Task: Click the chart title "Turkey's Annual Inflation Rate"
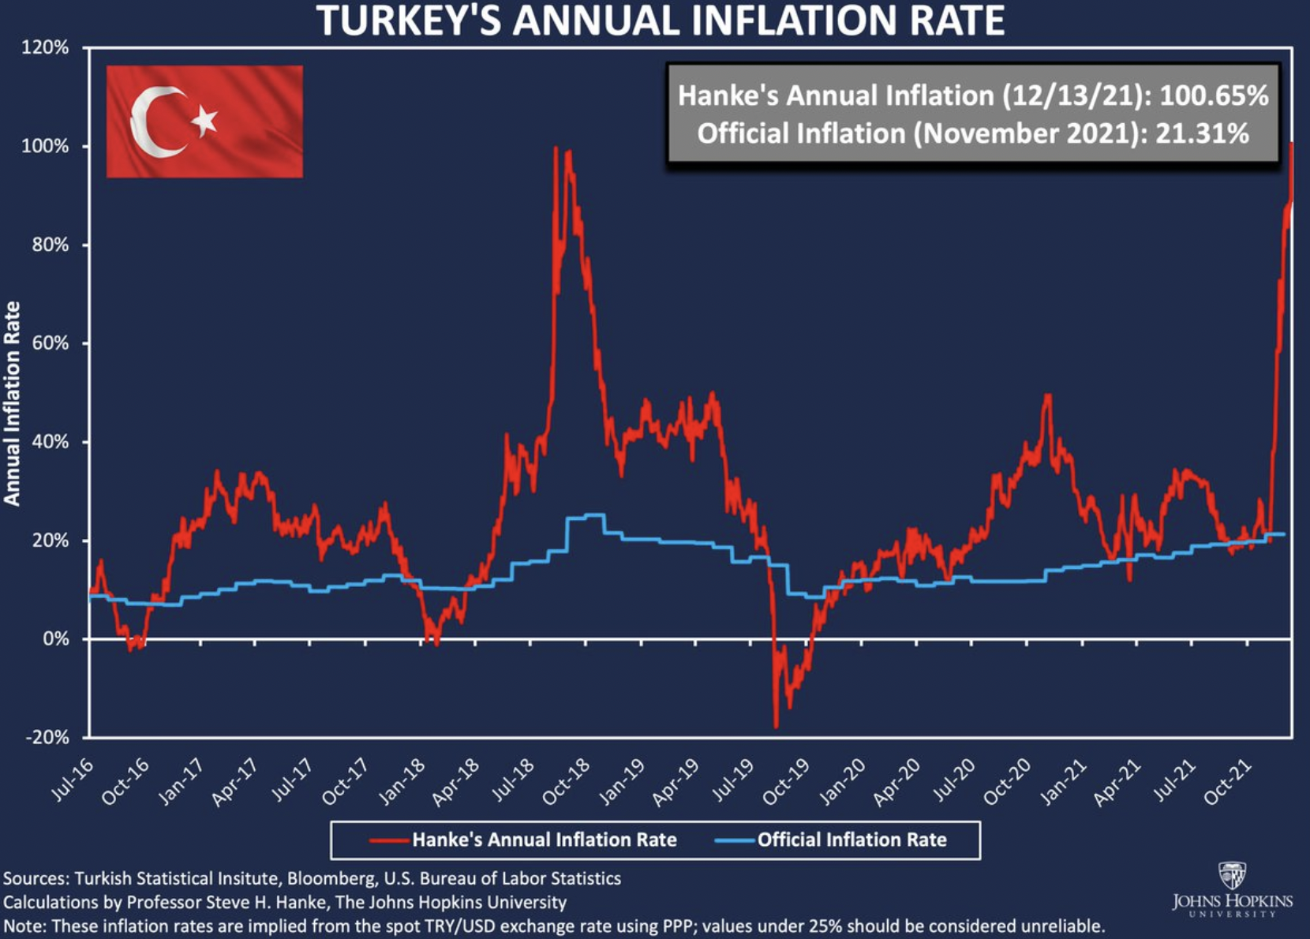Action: [661, 21]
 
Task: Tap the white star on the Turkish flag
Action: [204, 120]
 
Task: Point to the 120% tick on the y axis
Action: [46, 47]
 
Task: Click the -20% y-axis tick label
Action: [47, 738]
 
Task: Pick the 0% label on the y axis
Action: [55, 639]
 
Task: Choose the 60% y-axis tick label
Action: [50, 343]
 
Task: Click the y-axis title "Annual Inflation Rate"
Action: [12, 403]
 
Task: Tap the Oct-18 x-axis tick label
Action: [567, 782]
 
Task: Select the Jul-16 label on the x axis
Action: [73, 781]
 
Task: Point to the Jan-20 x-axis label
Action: [842, 782]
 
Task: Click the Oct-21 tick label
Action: [1228, 782]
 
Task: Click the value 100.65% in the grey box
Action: [1214, 95]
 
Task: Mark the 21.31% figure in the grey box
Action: [1202, 133]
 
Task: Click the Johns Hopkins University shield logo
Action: [1232, 875]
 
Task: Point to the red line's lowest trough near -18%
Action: [777, 726]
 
